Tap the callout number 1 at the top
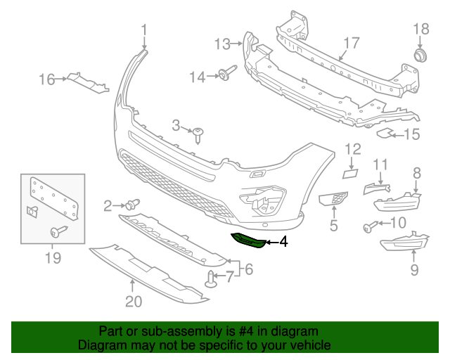point(144,30)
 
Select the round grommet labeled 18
point(420,55)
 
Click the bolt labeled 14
point(226,75)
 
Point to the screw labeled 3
point(200,133)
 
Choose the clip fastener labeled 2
point(131,205)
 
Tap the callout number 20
point(134,302)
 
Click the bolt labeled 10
point(369,226)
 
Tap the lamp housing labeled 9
point(405,244)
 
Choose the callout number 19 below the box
point(53,259)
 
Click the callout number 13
point(222,44)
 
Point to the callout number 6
point(247,268)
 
